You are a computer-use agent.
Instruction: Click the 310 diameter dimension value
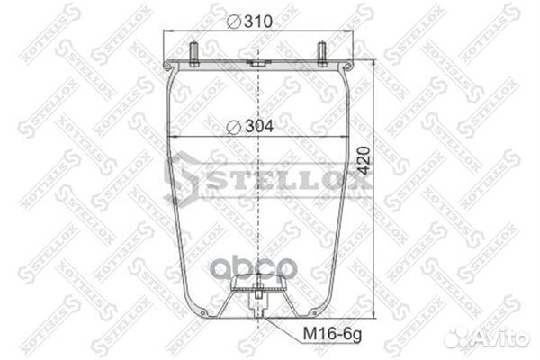(258, 22)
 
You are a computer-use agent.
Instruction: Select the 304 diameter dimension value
(259, 126)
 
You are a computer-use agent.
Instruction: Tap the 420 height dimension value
(364, 160)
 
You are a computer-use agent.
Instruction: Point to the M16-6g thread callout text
(332, 334)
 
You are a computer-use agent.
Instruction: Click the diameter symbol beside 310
(234, 22)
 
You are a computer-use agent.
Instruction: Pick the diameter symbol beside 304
(234, 128)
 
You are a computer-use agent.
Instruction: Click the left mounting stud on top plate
(193, 54)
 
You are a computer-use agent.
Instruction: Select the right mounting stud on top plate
(321, 54)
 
